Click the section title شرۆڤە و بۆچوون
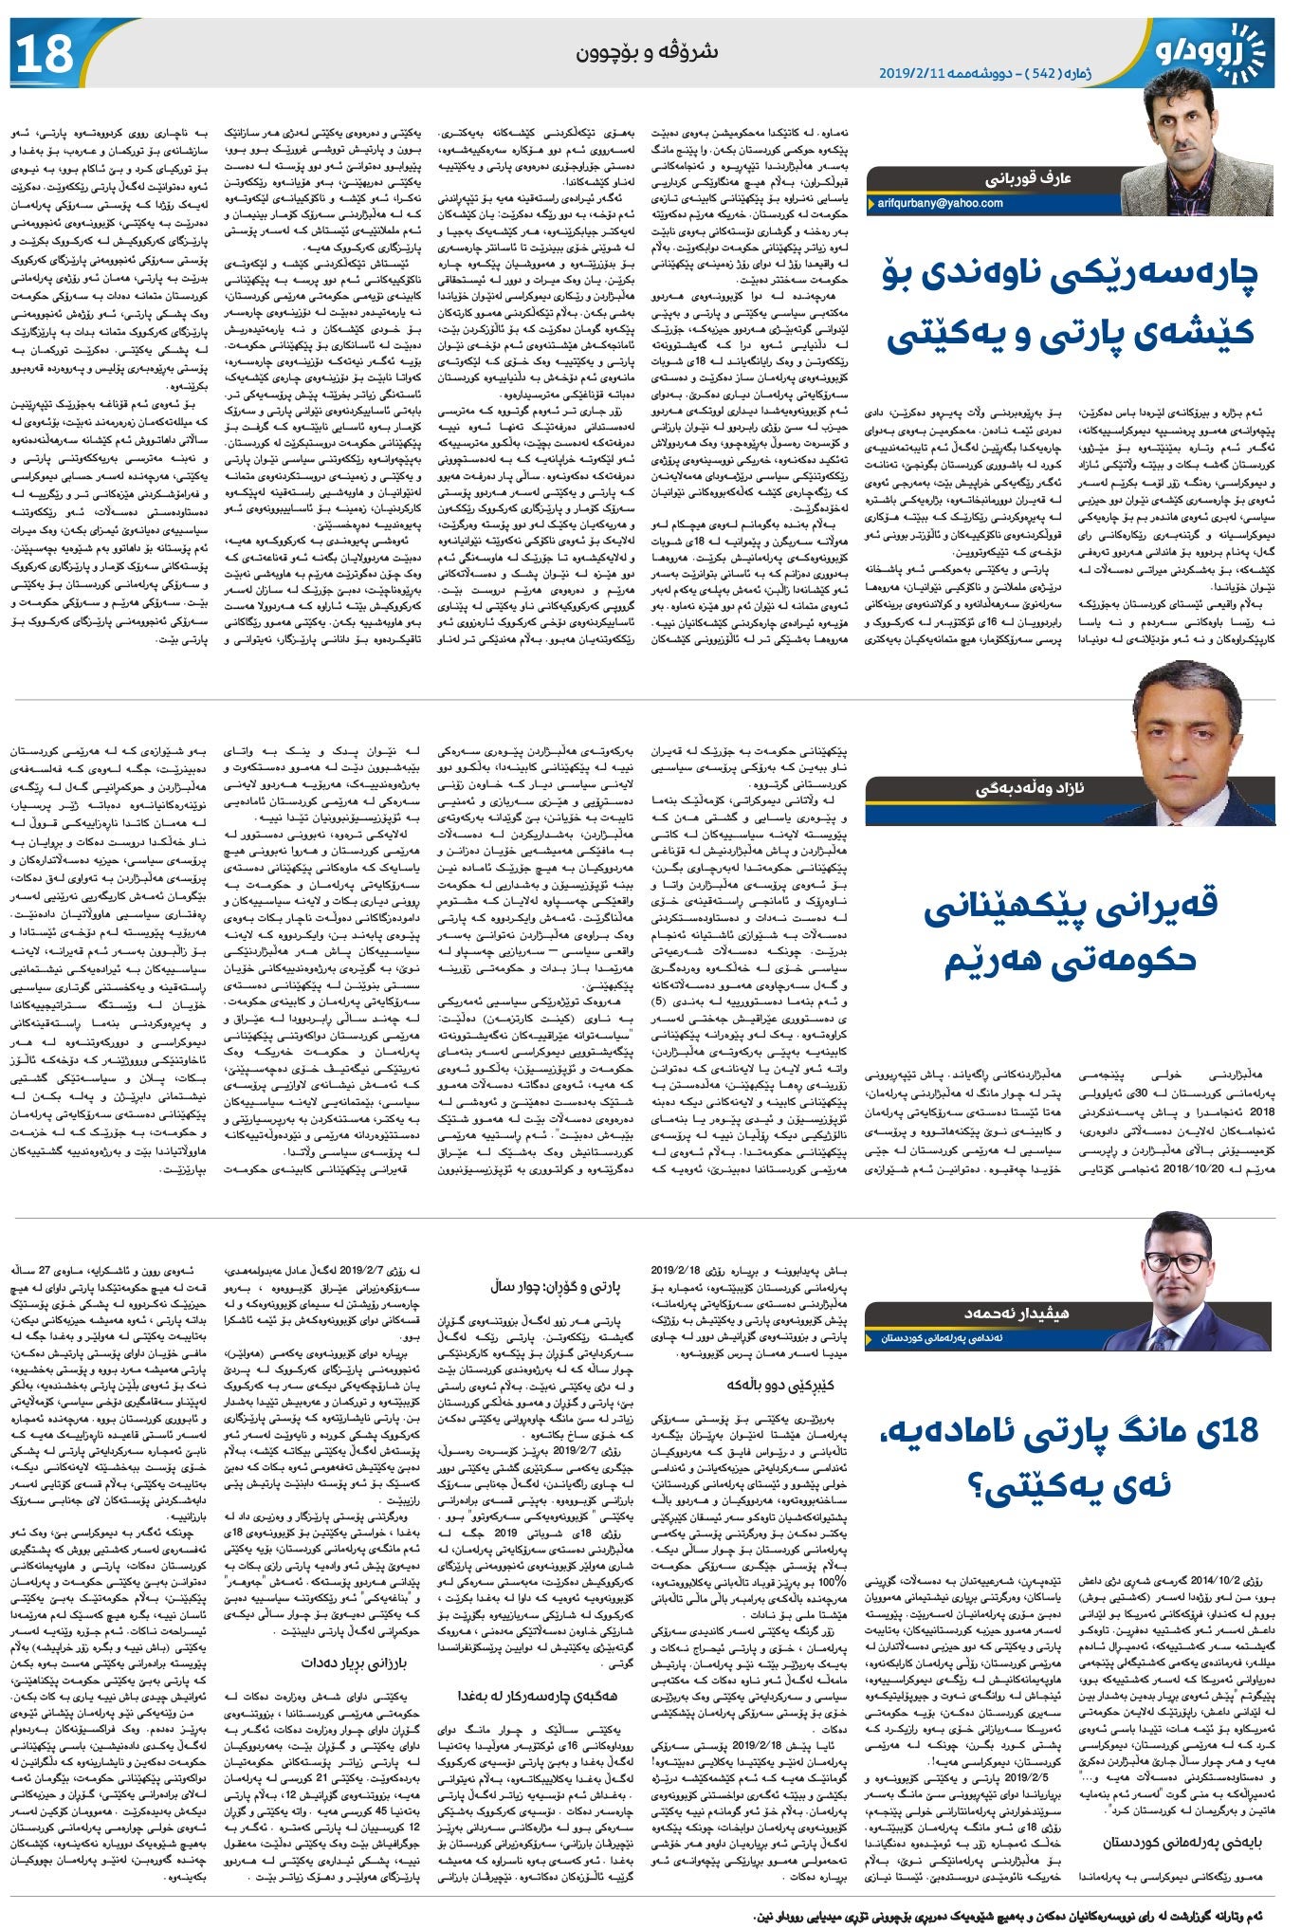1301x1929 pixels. (x=647, y=52)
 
